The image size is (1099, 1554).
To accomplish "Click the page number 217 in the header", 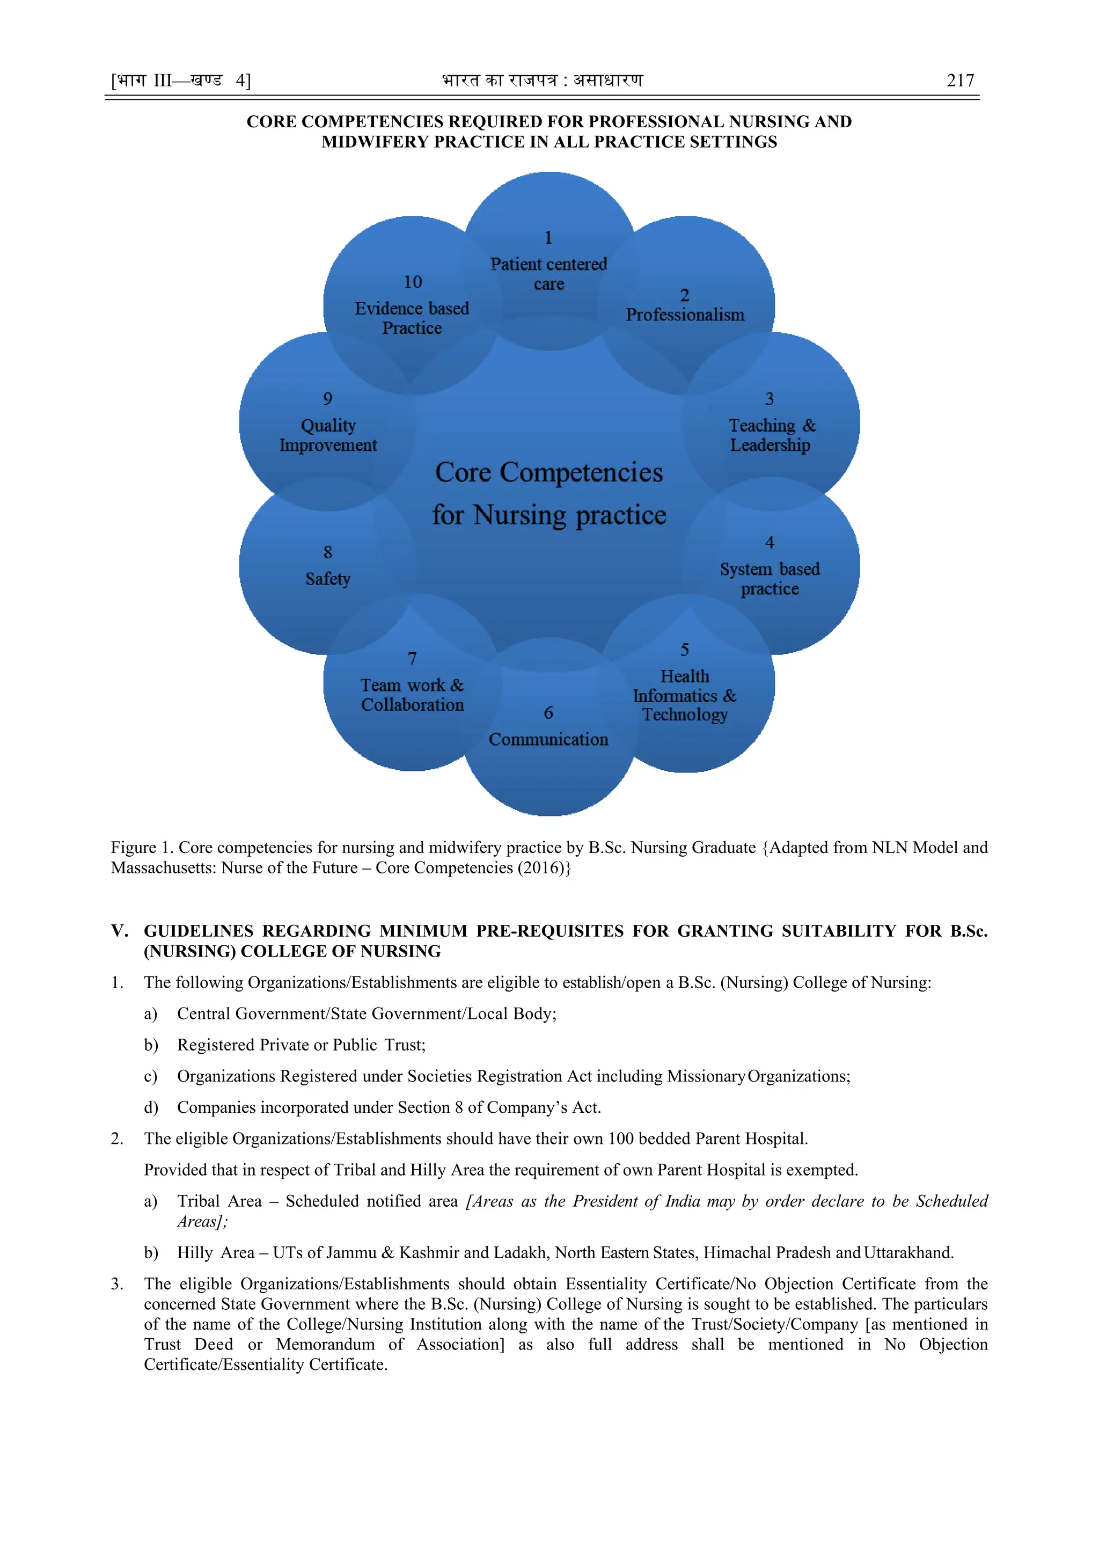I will (959, 81).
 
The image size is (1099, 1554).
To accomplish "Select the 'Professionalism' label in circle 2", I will (685, 315).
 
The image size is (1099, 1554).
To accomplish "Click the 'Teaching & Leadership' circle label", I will (771, 435).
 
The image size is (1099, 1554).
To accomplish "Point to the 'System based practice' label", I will (770, 579).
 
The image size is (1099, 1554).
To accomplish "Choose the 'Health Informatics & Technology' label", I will (685, 695).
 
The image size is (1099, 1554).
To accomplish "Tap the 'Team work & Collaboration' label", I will (412, 695).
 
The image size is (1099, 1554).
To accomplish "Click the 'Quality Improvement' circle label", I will (328, 435).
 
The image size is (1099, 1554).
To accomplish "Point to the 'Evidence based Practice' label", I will (412, 318).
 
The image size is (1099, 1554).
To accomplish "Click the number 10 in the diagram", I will (412, 282).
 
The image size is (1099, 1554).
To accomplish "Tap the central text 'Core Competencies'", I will (549, 472).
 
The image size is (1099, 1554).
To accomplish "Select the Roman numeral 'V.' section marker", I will (119, 931).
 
